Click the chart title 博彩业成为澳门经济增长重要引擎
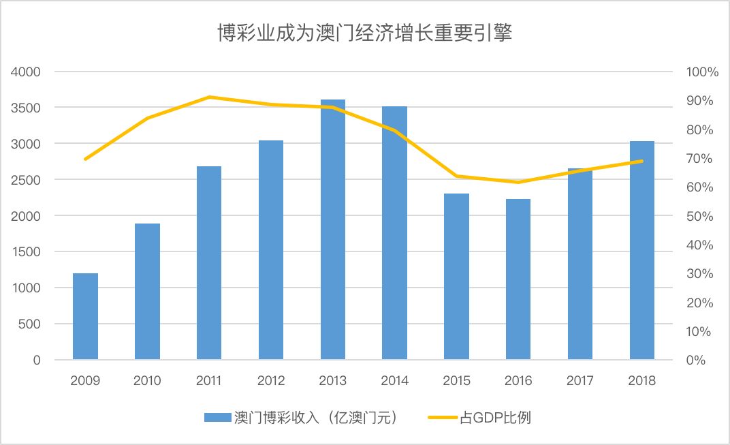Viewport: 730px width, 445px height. pos(364,33)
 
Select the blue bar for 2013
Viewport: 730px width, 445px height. pos(333,230)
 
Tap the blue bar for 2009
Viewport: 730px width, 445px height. pos(85,316)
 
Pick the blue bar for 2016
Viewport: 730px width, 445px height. pos(518,279)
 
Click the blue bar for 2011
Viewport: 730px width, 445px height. pos(209,263)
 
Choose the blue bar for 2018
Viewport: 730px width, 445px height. pos(642,250)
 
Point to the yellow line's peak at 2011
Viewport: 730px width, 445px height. pos(209,97)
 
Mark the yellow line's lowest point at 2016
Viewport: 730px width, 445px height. pos(518,182)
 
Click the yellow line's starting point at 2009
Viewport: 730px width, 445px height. pos(85,159)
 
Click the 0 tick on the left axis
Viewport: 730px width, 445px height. pos(37,360)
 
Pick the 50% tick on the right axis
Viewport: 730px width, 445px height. pos(698,216)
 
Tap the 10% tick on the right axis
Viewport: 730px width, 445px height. pos(698,332)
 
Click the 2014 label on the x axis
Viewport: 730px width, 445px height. pos(394,381)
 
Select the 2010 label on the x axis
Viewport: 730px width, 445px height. pos(147,381)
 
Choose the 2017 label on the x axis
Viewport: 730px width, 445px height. pos(580,381)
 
